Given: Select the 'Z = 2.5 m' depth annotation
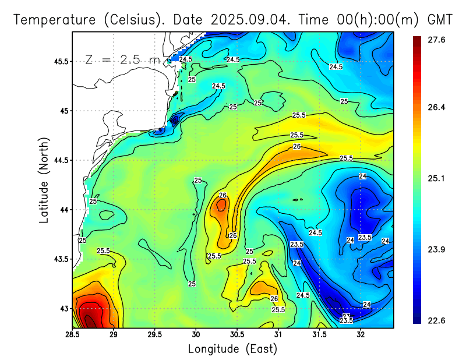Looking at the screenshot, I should click(122, 59).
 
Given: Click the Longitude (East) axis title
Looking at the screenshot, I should click(232, 348).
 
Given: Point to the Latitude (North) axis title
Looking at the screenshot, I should click(44, 179).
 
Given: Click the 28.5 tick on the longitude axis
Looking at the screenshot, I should click(72, 335).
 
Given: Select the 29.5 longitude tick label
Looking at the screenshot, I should click(155, 335).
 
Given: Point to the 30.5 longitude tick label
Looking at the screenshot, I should click(237, 335).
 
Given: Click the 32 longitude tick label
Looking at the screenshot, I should click(361, 335).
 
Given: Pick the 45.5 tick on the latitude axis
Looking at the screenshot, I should click(59, 61).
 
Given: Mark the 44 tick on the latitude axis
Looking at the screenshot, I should click(62, 210).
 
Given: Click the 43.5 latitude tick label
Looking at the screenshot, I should click(59, 259).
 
